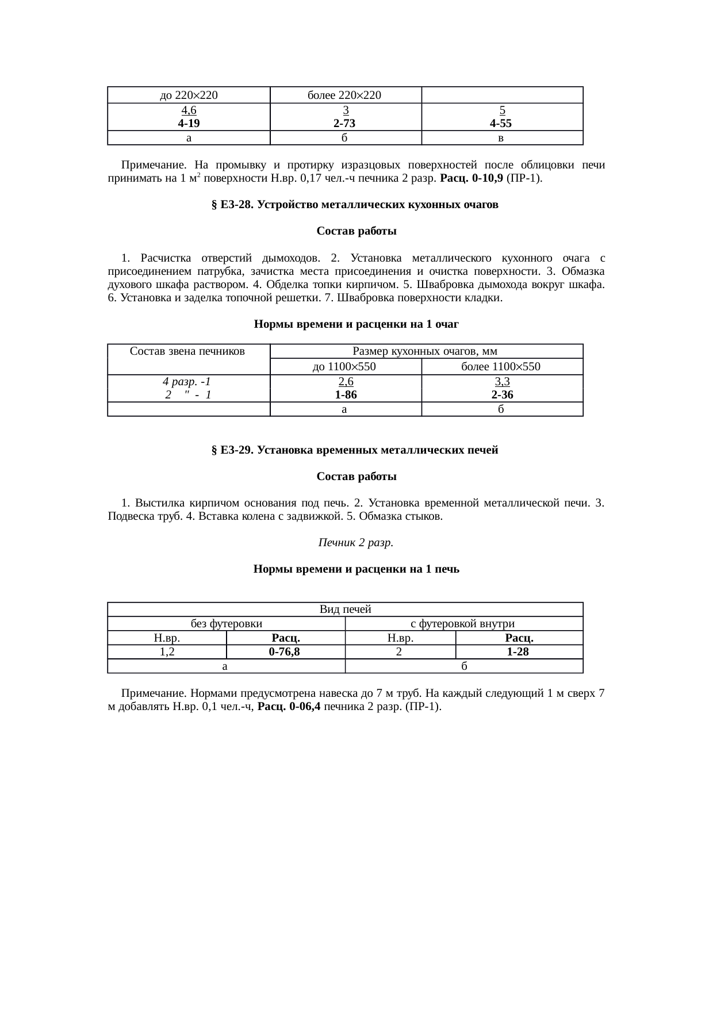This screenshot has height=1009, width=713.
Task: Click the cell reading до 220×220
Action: point(188,95)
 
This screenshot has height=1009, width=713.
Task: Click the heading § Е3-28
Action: point(355,205)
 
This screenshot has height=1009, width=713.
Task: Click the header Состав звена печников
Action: point(188,351)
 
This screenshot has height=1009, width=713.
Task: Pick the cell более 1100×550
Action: point(501,367)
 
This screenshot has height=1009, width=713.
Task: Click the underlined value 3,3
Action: point(502,382)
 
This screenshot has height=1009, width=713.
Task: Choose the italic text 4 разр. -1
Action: point(188,382)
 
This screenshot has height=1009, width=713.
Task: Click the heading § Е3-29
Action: point(355,450)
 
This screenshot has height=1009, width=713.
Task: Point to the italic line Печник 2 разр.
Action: point(356,542)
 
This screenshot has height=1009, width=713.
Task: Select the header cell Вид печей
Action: point(345,609)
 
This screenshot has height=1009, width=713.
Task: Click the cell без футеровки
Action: point(227,624)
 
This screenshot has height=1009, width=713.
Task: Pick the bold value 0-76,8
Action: point(285,652)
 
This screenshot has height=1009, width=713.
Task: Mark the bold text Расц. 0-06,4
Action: point(289,707)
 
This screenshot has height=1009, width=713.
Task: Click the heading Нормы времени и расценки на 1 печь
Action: point(356,569)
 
